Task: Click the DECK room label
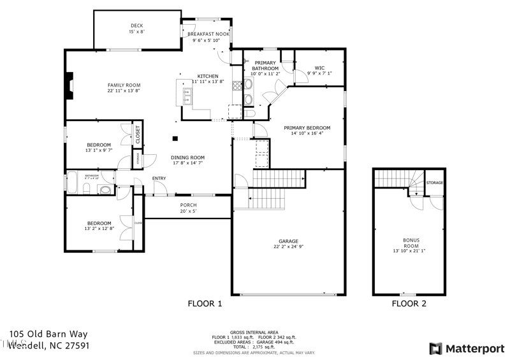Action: coord(138,25)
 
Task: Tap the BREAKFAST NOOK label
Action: coord(208,34)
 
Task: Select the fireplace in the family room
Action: coord(69,85)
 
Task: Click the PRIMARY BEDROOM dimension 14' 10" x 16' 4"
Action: coord(307,134)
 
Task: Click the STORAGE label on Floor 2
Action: coord(435,183)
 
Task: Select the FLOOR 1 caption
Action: coord(205,304)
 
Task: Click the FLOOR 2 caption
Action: coord(409,304)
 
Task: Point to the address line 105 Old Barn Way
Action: coord(48,334)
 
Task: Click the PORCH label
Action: coord(188,205)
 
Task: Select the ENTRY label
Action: coord(159,178)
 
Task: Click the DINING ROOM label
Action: coord(187,157)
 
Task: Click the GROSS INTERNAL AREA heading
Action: coord(254,331)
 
